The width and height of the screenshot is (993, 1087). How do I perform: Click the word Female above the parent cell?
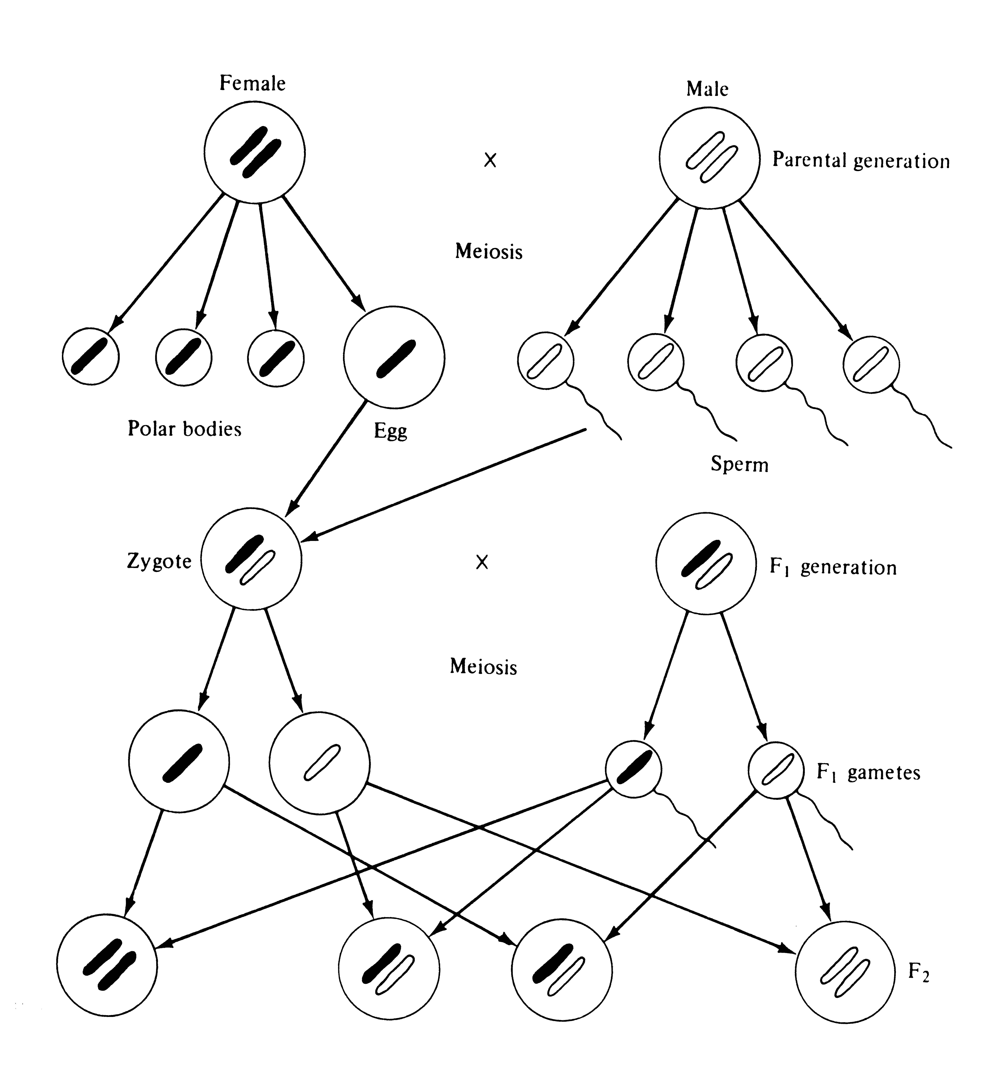[x=252, y=84]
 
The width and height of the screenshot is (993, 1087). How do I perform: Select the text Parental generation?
[x=861, y=161]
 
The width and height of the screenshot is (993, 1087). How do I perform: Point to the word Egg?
[x=390, y=431]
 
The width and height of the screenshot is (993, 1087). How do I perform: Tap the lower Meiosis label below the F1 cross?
[x=483, y=667]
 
